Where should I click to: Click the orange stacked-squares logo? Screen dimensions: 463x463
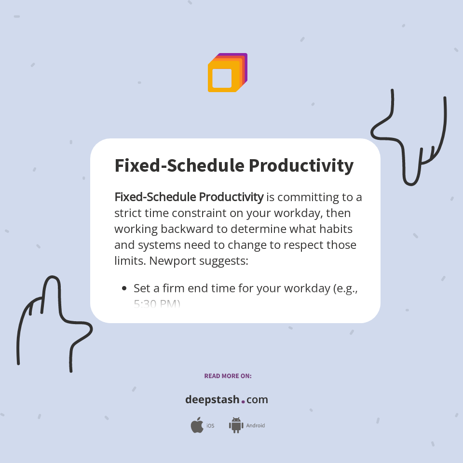point(227,73)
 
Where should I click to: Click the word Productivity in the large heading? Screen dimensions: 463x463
point(301,165)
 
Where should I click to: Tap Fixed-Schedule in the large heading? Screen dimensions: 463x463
point(178,165)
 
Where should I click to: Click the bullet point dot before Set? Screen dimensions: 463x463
point(124,288)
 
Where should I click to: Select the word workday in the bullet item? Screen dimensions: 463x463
point(303,288)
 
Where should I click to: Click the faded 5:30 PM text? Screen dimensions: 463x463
point(157,304)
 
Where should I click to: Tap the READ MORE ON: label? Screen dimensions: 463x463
point(228,376)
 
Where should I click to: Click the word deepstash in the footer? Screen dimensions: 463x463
point(212,399)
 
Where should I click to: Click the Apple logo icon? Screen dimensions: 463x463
point(197,425)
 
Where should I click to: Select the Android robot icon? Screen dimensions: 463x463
point(236,425)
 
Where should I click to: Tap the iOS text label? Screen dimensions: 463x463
point(210,426)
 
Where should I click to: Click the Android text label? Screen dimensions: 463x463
point(256,426)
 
